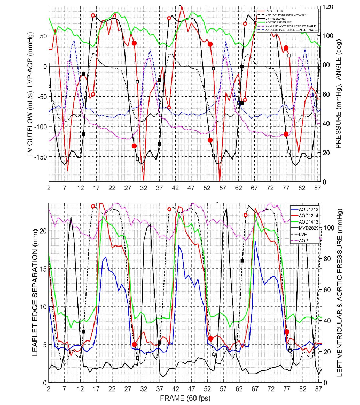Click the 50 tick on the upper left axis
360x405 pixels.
42,36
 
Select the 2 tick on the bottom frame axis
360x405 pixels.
49,388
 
